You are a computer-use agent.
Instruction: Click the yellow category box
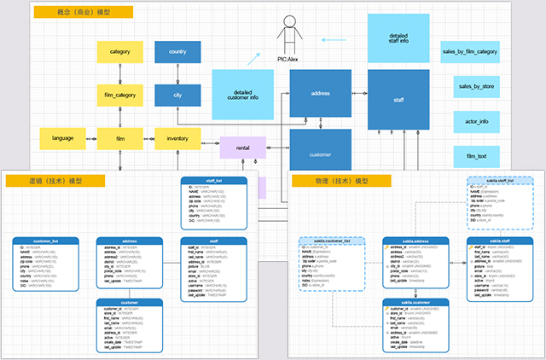[120, 52]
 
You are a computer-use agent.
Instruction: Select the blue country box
[177, 52]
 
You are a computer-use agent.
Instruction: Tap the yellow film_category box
[120, 95]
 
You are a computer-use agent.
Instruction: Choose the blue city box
[177, 95]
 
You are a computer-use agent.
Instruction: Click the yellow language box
[63, 137]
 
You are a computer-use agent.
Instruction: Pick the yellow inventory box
[177, 137]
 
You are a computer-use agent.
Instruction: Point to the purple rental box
[243, 148]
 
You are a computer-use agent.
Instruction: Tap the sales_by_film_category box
[469, 52]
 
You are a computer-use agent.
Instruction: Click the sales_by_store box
[478, 86]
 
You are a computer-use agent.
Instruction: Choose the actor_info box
[478, 122]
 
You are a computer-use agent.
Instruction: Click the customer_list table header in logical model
[44, 241]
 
